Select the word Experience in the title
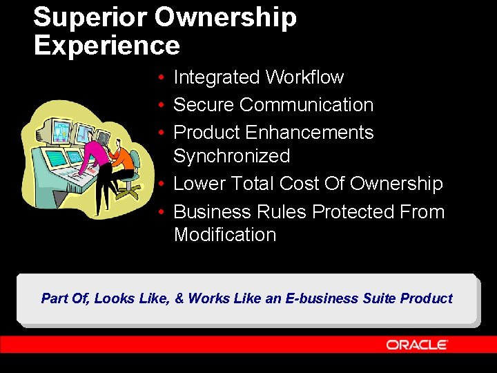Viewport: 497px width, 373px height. (x=106, y=46)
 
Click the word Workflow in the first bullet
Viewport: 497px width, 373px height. (x=304, y=77)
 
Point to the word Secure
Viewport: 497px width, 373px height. (x=204, y=105)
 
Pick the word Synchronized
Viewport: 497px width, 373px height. (x=231, y=156)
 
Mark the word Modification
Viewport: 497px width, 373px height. (x=224, y=235)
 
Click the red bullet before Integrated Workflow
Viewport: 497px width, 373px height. (x=159, y=78)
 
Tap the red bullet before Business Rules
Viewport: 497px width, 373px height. (x=159, y=212)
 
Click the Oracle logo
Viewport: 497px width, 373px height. (x=417, y=345)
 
